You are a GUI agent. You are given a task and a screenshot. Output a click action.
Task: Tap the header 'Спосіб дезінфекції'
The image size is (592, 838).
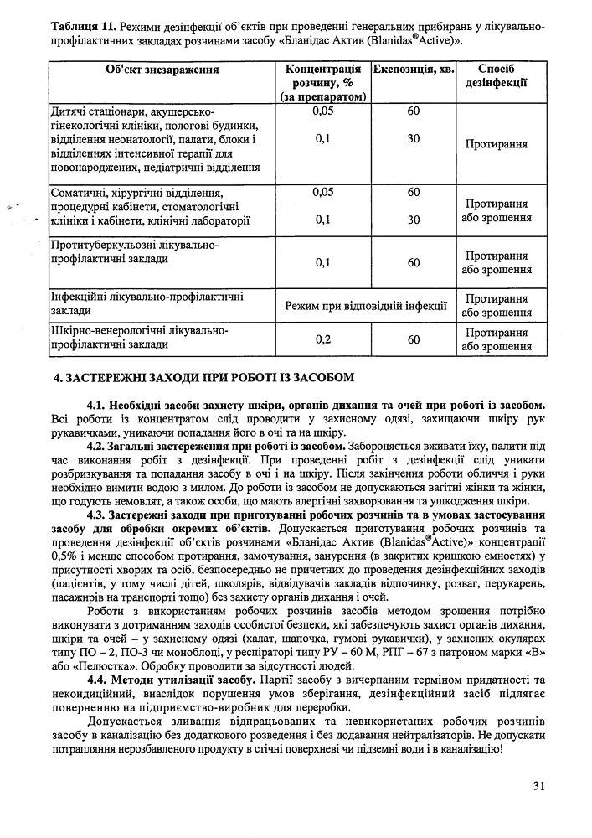[x=497, y=76]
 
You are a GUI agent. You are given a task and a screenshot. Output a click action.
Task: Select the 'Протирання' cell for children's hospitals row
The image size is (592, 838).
[x=497, y=144]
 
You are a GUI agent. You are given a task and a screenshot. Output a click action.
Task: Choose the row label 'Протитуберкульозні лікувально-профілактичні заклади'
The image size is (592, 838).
[x=134, y=252]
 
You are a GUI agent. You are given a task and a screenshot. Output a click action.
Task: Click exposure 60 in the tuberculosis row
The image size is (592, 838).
[x=414, y=262]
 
